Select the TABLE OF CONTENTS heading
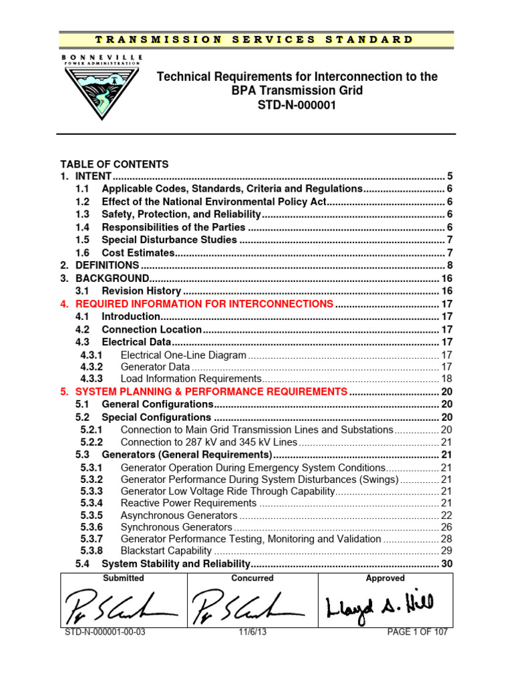pos(114,164)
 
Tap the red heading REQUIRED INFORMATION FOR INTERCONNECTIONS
pos(204,304)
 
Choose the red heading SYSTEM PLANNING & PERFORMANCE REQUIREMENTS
pos(211,391)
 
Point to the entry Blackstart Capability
pos(166,551)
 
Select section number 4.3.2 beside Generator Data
pos(92,367)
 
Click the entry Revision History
pos(141,291)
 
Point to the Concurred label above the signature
pos(252,578)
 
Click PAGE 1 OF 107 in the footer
pos(417,632)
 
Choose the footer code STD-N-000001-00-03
pos(104,632)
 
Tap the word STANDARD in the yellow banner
pos(369,39)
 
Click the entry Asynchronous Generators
pos(178,516)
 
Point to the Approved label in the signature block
pos(385,578)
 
